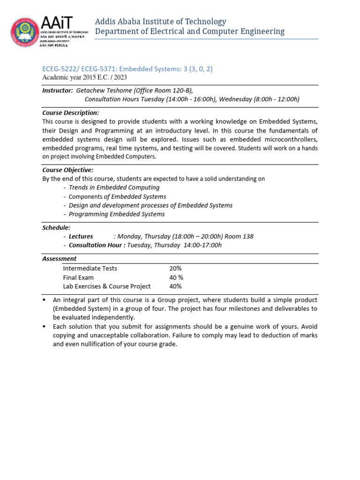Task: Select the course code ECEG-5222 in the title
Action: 61,69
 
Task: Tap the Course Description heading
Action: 70,112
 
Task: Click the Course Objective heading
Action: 67,170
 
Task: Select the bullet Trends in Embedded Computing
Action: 114,187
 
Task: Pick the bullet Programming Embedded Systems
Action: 117,214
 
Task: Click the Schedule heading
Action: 56,227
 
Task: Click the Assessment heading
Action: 59,258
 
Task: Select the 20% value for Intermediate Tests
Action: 175,268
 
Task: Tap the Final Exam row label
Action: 78,277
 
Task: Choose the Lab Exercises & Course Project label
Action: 107,286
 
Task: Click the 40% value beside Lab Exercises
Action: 175,286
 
